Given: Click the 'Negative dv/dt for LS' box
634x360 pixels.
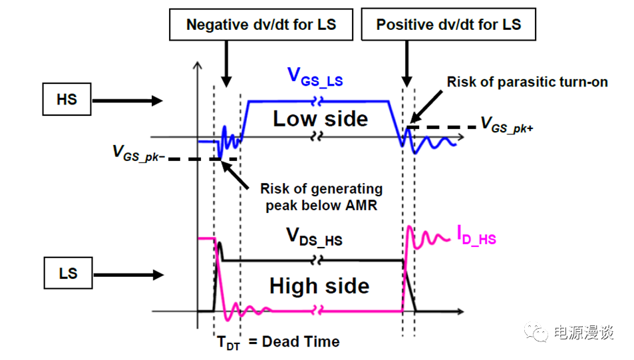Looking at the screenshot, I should point(261,25).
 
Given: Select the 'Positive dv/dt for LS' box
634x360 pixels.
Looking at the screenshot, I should point(448,25).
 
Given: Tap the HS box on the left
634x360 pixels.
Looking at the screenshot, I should point(67,100).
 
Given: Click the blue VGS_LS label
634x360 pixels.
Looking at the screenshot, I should point(315,78).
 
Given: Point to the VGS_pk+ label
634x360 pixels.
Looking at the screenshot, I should point(506,126).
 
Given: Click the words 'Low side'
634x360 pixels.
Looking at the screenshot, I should point(320,119).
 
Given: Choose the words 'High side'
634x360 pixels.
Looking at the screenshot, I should point(319,286).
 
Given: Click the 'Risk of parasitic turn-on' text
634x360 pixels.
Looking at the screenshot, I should point(527,83).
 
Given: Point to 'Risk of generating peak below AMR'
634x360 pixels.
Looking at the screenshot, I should point(321,197).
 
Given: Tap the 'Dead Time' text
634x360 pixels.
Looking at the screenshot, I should point(301,342).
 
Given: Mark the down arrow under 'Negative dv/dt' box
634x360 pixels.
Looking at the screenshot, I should point(227,63).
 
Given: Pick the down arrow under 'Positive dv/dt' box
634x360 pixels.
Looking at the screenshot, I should point(405,63).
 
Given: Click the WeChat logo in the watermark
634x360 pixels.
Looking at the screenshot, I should point(535,331).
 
